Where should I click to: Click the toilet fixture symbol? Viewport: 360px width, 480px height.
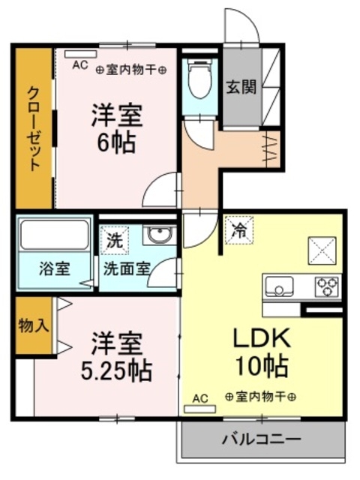199,81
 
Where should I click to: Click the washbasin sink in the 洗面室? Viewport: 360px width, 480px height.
159,235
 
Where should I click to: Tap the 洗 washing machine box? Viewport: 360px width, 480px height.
113,241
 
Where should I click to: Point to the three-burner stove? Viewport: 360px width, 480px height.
327,286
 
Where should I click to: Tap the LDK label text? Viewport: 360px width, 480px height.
259,339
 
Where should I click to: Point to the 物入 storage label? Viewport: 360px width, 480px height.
33,327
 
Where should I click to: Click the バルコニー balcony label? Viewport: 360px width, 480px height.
262,438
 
